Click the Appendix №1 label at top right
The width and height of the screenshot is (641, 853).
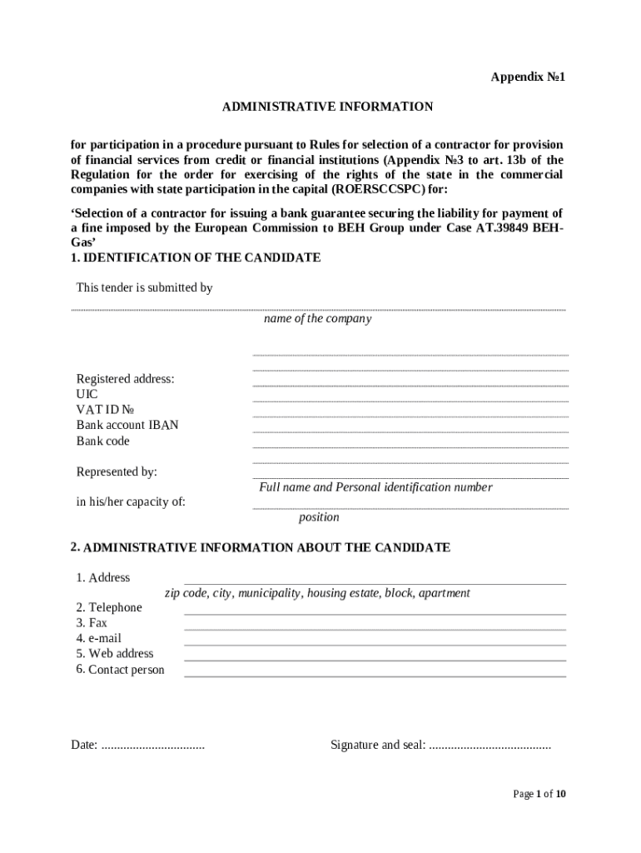pos(528,77)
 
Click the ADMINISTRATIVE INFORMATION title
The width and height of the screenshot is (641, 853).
pos(327,107)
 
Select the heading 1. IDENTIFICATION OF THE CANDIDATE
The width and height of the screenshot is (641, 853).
pos(196,257)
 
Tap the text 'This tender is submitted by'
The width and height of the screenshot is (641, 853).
pos(144,287)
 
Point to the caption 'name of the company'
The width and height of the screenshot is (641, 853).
pos(317,319)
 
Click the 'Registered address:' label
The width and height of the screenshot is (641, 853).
pos(125,378)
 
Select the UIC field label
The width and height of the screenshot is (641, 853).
pos(87,394)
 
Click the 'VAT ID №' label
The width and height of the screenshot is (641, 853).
pos(105,409)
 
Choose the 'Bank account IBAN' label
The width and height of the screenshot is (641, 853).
pos(127,425)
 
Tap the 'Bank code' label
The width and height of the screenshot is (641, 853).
pos(103,441)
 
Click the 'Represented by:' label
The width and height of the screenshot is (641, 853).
pos(117,471)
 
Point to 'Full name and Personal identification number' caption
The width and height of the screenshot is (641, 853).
pos(375,487)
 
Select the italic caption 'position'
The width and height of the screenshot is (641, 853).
pos(319,517)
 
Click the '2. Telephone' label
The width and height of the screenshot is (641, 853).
pos(109,607)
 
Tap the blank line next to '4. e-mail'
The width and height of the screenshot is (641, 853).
pos(375,643)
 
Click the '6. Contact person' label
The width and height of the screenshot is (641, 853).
pos(120,670)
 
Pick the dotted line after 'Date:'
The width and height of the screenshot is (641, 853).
pos(152,746)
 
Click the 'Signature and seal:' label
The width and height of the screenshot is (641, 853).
pos(378,745)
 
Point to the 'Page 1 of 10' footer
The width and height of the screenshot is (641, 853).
pos(539,794)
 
